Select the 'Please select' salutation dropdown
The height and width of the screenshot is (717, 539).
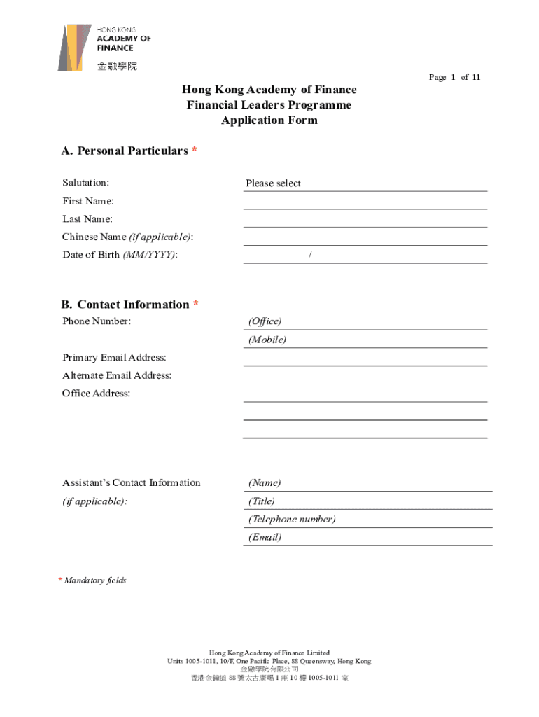365,183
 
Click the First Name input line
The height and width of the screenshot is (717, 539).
365,202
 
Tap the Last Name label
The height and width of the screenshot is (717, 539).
87,219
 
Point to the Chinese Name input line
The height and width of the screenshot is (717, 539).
365,238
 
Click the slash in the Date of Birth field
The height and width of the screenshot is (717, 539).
310,255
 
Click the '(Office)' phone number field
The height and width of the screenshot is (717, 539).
365,321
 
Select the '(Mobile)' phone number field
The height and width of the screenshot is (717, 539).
365,340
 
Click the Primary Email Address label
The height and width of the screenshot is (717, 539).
114,358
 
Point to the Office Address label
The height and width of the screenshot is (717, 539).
96,394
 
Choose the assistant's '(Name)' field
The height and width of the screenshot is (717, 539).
367,483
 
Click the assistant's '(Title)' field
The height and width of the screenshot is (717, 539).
367,501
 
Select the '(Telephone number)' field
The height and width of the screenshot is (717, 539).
367,520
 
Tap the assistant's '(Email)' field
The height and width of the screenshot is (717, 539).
367,538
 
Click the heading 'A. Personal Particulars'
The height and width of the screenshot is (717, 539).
125,151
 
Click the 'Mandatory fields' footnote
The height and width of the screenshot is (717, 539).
95,580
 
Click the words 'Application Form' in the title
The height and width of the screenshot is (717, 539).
269,120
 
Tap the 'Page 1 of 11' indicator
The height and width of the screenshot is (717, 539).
454,77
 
